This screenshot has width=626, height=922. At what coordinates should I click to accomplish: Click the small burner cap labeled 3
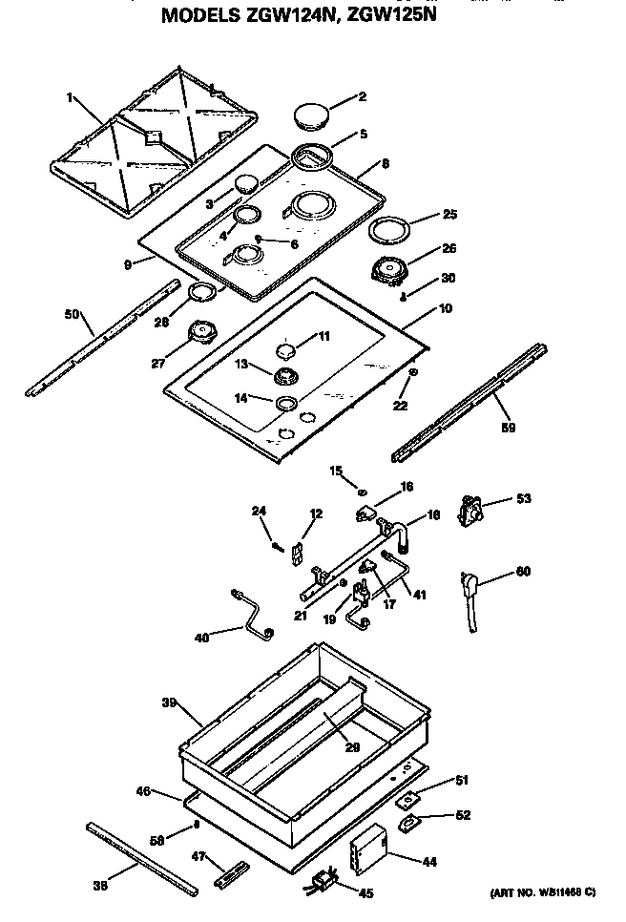tap(245, 183)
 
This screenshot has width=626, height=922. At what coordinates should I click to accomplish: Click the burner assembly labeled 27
tap(202, 332)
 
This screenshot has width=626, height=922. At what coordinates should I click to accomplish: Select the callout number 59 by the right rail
tap(509, 428)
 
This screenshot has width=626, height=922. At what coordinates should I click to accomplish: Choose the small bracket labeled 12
tap(297, 551)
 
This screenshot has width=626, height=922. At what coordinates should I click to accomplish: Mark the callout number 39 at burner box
tap(169, 702)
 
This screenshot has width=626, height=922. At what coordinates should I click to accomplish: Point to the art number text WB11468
tap(540, 891)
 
